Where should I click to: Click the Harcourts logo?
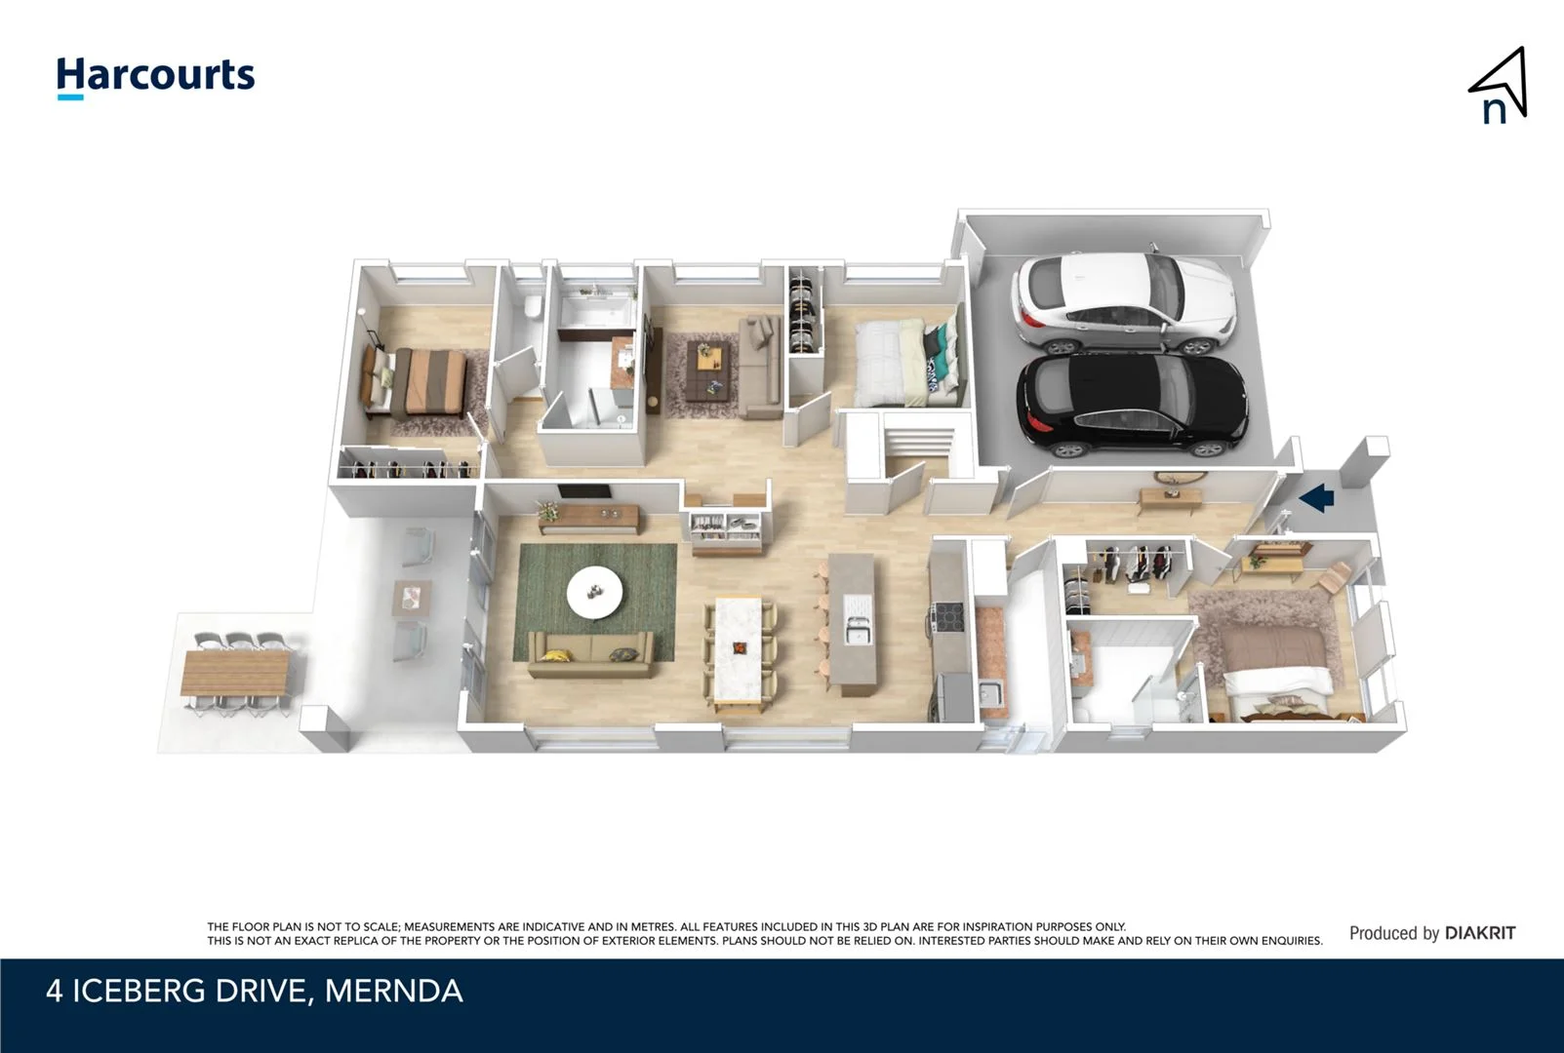coord(155,76)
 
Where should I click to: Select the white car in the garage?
coord(1122,302)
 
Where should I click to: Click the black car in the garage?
coord(1132,405)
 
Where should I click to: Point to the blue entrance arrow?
coord(1317,498)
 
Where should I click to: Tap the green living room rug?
coord(546,565)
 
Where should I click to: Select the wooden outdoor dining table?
coord(236,673)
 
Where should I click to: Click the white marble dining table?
coord(739,648)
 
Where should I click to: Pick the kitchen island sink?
coord(858,633)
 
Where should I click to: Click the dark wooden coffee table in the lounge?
coord(709,369)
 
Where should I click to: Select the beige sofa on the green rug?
coord(590,654)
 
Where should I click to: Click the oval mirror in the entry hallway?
coord(1181,477)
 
